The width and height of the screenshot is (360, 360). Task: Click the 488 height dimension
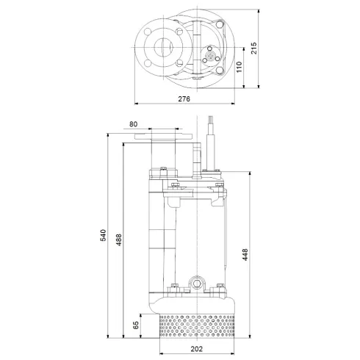click(x=119, y=239)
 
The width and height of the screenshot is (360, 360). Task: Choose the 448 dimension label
click(x=245, y=255)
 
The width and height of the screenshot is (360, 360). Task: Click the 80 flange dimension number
click(x=132, y=124)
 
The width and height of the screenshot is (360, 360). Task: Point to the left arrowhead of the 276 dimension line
click(x=137, y=104)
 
